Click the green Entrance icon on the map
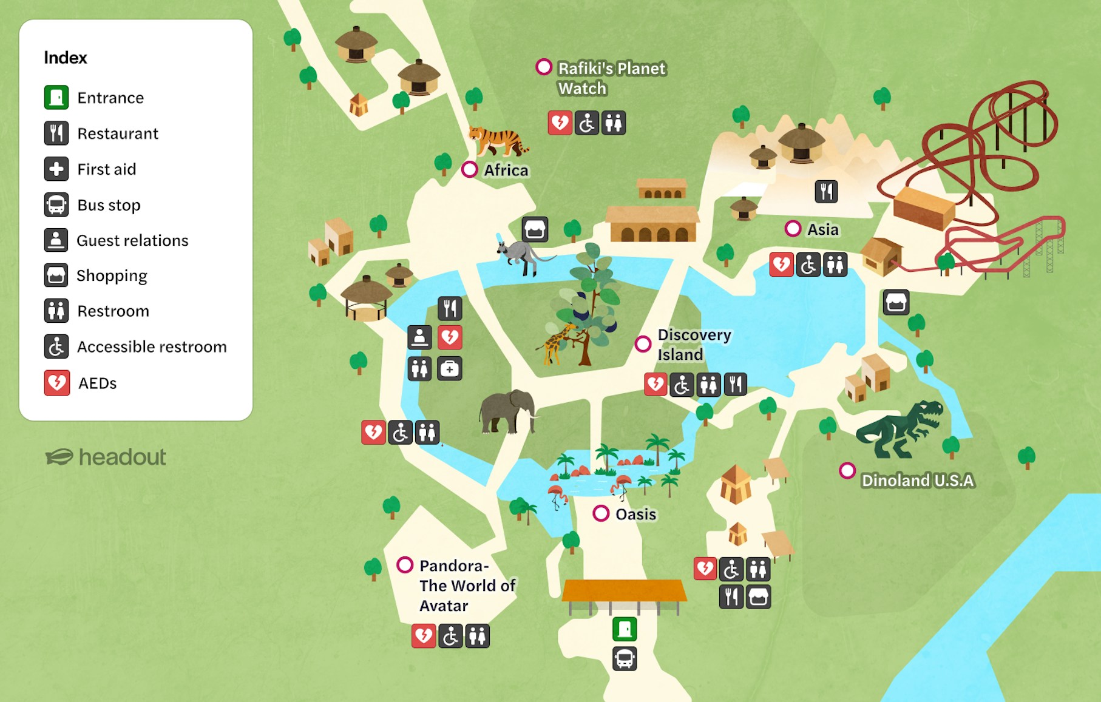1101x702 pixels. [625, 629]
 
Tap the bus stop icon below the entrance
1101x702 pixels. [625, 658]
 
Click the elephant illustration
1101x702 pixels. [507, 411]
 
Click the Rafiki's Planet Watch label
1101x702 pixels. [611, 78]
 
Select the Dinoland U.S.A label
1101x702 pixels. [917, 481]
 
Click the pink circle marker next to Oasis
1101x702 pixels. [601, 513]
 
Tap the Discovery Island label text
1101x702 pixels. [694, 344]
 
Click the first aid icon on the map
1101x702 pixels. [450, 368]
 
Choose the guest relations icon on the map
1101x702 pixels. [419, 337]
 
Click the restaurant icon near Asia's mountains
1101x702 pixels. [826, 192]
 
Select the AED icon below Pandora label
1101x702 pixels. [424, 636]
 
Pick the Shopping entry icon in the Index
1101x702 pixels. [56, 275]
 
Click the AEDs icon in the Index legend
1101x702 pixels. [56, 383]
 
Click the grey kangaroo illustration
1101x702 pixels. [519, 255]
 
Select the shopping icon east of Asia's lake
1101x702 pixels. [896, 302]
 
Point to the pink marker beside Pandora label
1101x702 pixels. [405, 565]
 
